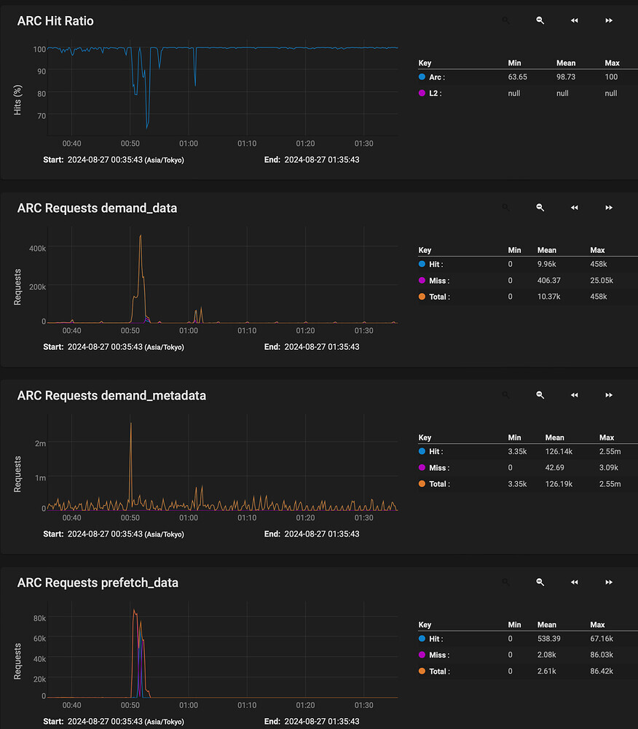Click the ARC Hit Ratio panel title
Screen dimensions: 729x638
[x=55, y=21]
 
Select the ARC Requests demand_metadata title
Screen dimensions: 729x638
[x=111, y=396]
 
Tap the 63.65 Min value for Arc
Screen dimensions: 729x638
[x=517, y=77]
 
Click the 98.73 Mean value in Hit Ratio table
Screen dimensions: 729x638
[x=565, y=77]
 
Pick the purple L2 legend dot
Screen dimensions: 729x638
[x=422, y=93]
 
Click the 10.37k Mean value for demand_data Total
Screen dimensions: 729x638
[x=548, y=297]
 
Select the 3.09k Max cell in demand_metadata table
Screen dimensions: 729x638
[x=608, y=468]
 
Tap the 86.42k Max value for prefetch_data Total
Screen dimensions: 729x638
[x=602, y=671]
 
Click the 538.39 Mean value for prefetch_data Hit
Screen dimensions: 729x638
[x=548, y=639]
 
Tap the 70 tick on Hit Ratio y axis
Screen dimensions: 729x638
[x=41, y=116]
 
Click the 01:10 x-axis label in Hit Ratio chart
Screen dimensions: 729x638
[x=247, y=144]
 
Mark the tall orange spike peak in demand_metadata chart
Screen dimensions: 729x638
[x=130, y=423]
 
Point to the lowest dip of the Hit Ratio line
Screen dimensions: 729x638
[x=147, y=128]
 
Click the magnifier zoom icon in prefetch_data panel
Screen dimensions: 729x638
[x=540, y=582]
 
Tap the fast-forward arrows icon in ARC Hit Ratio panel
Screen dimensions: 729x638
[x=609, y=21]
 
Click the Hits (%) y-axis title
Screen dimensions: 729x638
[x=18, y=99]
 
